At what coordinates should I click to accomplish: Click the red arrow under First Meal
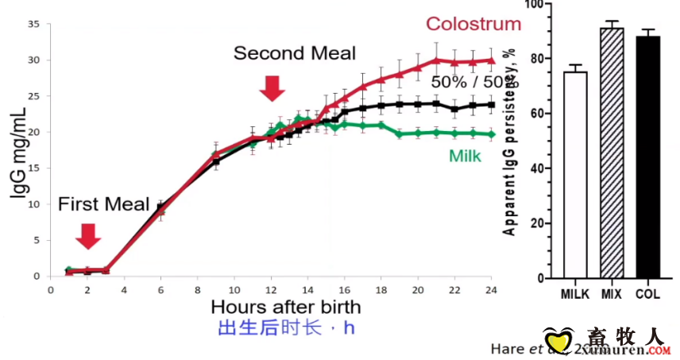[x=88, y=236]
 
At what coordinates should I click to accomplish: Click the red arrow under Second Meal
[x=272, y=87]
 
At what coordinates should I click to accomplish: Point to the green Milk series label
[x=466, y=156]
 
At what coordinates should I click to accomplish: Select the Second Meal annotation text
[x=294, y=53]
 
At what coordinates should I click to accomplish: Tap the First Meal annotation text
[x=103, y=204]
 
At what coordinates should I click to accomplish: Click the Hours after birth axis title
[x=286, y=306]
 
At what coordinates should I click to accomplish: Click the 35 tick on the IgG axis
[x=34, y=24]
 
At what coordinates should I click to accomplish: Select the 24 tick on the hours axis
[x=491, y=289]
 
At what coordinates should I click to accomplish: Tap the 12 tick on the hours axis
[x=271, y=289]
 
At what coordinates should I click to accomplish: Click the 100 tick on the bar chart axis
[x=543, y=5]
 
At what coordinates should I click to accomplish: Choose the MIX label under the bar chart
[x=612, y=292]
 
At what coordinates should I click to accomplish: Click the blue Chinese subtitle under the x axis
[x=286, y=327]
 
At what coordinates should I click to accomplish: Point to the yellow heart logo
[x=558, y=342]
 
